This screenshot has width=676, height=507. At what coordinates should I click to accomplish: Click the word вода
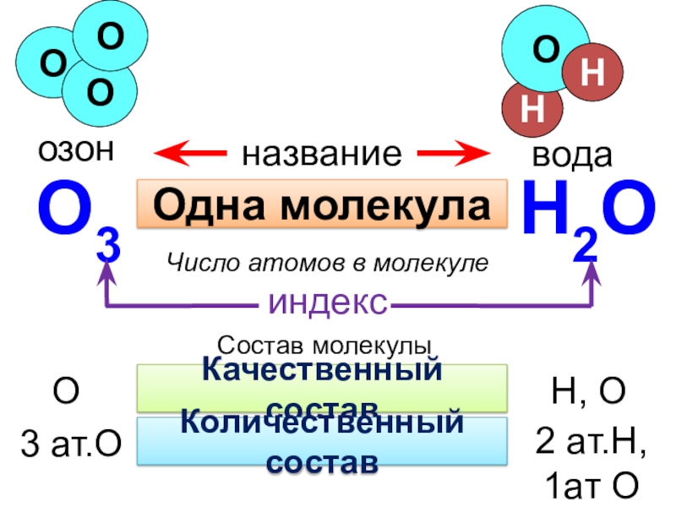(x=572, y=155)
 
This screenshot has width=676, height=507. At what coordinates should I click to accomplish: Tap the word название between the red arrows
(x=322, y=154)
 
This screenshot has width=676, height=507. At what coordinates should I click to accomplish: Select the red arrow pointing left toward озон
(x=190, y=154)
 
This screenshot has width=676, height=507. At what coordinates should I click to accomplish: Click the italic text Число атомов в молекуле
(x=327, y=263)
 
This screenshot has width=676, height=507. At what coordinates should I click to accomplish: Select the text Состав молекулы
(x=325, y=346)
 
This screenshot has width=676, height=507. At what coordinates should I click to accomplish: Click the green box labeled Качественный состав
(x=322, y=387)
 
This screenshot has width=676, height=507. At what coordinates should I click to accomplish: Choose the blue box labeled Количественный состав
(x=322, y=440)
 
